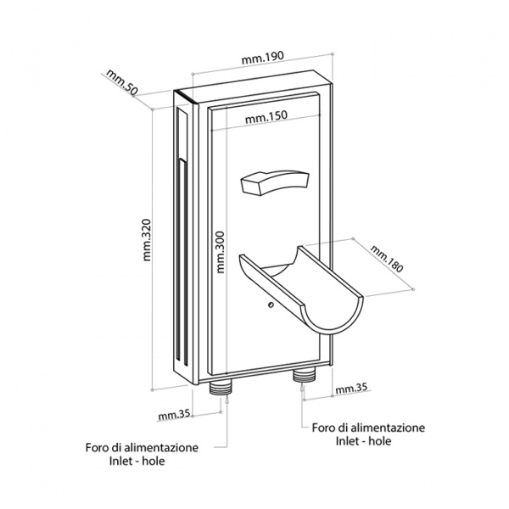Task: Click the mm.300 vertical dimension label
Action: tap(221, 252)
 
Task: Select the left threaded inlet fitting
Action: tap(222, 389)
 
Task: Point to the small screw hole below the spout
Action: tap(269, 305)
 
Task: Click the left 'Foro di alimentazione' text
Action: tap(142, 447)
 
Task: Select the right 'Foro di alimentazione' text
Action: tap(369, 428)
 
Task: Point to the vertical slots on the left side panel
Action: tap(182, 246)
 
